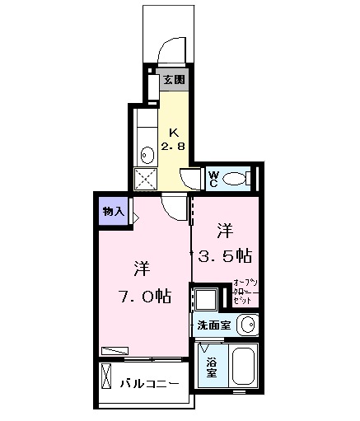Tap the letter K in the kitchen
click(x=174, y=133)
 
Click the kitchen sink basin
click(x=146, y=154)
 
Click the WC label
click(x=213, y=178)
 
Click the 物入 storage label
click(x=113, y=212)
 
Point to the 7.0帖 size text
click(x=143, y=296)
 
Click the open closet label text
click(x=246, y=292)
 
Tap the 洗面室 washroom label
click(x=213, y=325)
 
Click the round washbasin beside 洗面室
click(x=246, y=325)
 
